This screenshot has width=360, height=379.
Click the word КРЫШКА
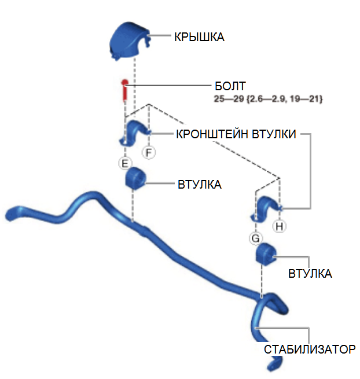tap(199, 37)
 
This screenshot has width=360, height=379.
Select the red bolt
tap(124, 90)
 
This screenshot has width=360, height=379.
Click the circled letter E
tap(124, 163)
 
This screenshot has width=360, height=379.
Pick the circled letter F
tap(149, 153)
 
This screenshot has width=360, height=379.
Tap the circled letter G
tap(255, 237)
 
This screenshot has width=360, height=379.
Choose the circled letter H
tap(280, 226)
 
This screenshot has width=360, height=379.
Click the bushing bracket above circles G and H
tap(266, 209)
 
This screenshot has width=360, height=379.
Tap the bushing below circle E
tap(135, 178)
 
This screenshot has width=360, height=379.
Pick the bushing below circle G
tap(266, 254)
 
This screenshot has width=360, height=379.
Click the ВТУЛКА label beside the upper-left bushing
tap(200, 185)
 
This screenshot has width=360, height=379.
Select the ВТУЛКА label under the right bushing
tap(310, 273)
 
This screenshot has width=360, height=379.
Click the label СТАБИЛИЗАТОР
tap(309, 349)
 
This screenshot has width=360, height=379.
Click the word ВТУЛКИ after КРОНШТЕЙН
tap(274, 135)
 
